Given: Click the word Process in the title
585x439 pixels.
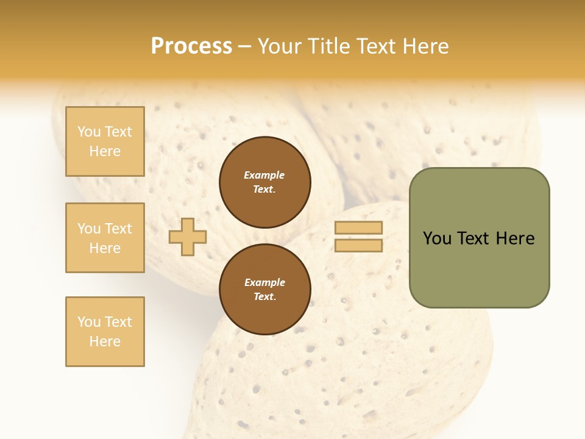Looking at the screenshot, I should click(x=191, y=46).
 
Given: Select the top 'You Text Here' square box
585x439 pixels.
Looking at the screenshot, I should click(x=105, y=141).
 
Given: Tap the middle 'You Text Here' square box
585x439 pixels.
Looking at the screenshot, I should click(x=105, y=238).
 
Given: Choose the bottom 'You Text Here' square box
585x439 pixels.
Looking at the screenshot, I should click(x=105, y=332).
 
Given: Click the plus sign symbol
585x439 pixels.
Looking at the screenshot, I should click(x=188, y=237).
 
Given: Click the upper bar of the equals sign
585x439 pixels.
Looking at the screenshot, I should click(x=358, y=228).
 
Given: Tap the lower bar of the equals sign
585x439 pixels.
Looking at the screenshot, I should click(x=358, y=246).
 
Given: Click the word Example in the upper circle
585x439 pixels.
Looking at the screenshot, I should click(x=264, y=175).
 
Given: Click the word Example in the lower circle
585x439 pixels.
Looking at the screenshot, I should click(x=264, y=282).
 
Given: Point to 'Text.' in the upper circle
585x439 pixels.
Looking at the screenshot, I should click(x=264, y=189).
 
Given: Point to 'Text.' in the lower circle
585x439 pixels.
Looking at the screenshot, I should click(x=264, y=297).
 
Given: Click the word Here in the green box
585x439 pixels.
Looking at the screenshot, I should click(x=515, y=238).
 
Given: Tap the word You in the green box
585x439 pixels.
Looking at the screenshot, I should click(x=436, y=238).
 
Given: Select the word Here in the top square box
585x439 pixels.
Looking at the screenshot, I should click(x=105, y=151).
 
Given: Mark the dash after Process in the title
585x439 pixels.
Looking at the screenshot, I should click(x=244, y=47).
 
